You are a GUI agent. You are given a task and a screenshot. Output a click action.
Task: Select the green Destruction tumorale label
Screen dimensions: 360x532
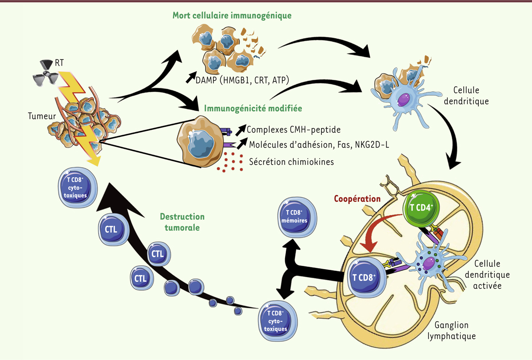tap(182, 222)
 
